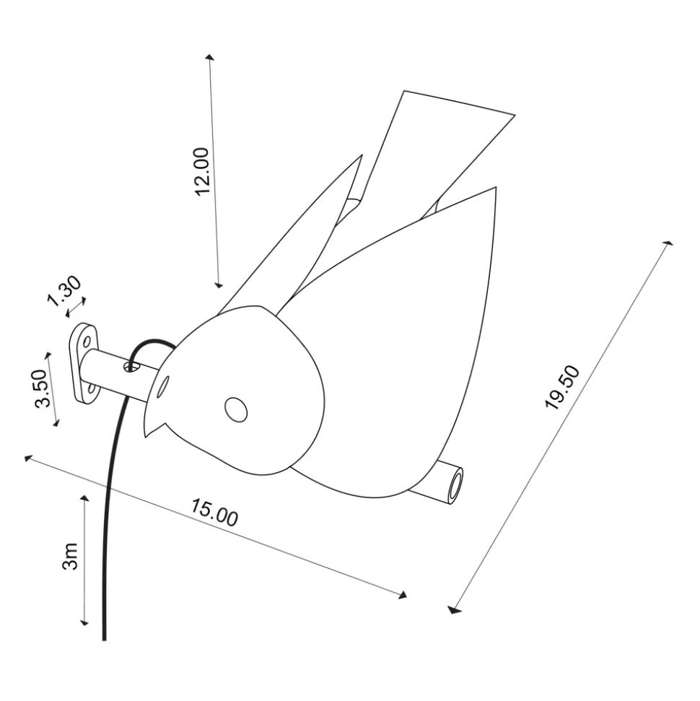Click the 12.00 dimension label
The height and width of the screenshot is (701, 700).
(203, 171)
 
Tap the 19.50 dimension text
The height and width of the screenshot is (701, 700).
(562, 387)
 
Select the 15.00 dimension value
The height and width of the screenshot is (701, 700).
(214, 513)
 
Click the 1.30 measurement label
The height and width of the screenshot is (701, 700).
(65, 291)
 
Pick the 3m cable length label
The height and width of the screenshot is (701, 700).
(70, 557)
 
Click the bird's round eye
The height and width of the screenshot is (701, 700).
(236, 409)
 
